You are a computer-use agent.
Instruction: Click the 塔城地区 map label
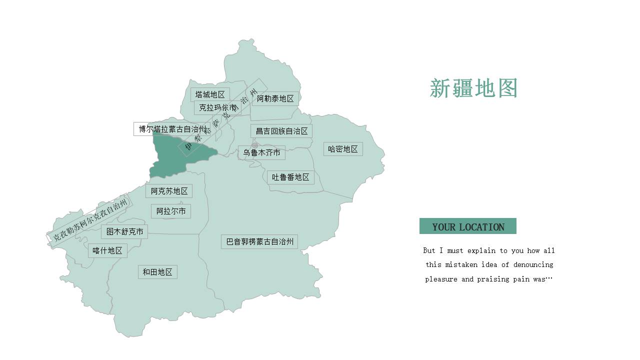point(210,94)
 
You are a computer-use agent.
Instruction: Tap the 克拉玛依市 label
point(217,107)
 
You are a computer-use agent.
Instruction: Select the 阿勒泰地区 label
point(275,98)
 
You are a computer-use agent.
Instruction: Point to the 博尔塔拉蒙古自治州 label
point(172,129)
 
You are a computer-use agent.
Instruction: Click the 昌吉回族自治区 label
point(281,131)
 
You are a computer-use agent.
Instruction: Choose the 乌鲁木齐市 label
point(261,152)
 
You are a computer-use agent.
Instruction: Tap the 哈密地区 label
point(343,149)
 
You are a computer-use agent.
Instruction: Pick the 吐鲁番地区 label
point(290,177)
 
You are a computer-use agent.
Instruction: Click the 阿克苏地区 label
point(169,191)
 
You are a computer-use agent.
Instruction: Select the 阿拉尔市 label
point(171,211)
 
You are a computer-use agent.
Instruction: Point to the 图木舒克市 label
point(124,231)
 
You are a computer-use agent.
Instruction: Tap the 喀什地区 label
point(107,250)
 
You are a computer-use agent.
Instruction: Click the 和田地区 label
point(157,272)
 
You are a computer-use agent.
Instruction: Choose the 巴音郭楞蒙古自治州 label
point(259,241)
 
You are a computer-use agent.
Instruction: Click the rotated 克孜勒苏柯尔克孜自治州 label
point(90,219)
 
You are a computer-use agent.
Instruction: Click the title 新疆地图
point(473,88)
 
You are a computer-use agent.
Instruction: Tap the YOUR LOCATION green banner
point(468,226)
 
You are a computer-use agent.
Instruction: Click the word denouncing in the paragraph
point(533,264)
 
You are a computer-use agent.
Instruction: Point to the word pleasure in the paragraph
point(441,279)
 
